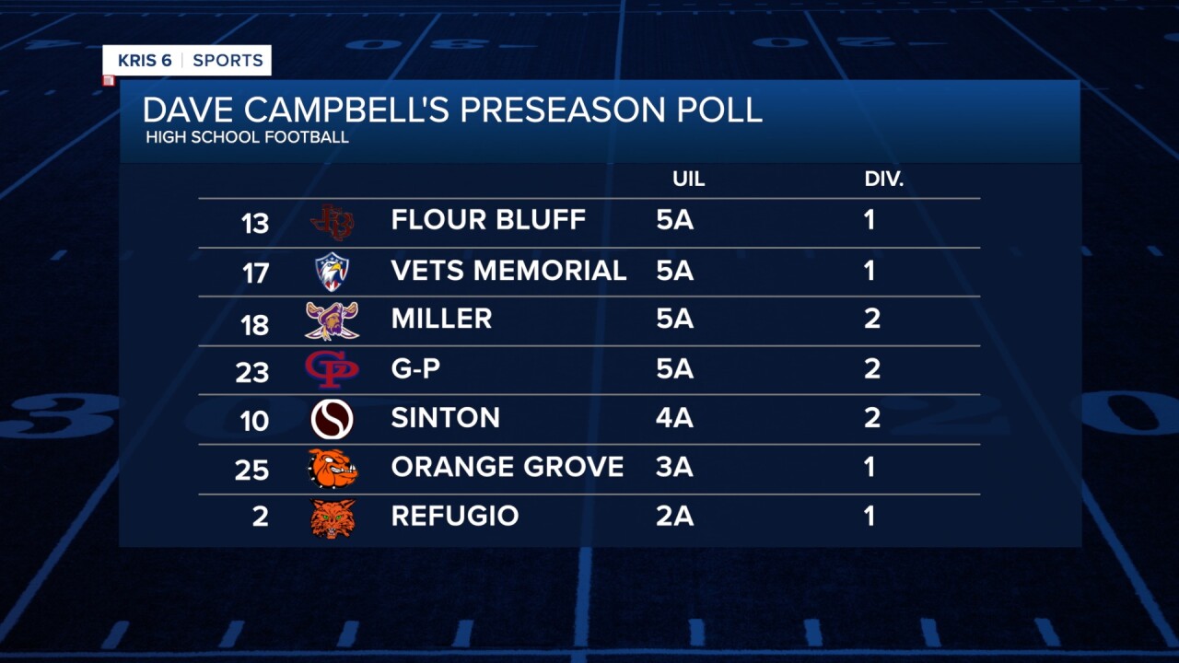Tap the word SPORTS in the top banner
click(228, 61)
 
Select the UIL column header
click(689, 180)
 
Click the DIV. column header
click(883, 180)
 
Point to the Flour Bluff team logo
click(333, 222)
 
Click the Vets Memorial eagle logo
click(333, 272)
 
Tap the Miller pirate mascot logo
click(332, 320)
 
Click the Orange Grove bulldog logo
click(333, 469)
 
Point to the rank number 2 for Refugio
click(261, 518)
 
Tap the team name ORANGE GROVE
click(507, 467)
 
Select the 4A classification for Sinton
click(674, 418)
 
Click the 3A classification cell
click(674, 468)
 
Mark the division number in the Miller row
click(871, 320)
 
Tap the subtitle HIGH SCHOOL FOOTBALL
click(247, 138)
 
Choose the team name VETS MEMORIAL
click(508, 271)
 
